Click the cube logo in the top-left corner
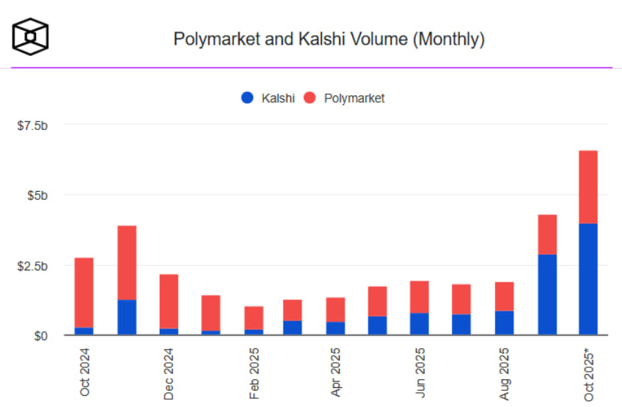30,36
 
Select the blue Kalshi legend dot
247,98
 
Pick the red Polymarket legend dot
310,98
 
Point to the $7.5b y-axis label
33,126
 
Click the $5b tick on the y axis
38,195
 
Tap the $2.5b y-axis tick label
33,266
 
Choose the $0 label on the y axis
43,336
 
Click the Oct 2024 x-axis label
84,371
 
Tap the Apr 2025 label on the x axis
337,372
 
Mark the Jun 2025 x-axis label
420,372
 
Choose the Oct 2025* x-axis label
589,374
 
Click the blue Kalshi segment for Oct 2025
588,279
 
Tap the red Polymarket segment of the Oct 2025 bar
588,187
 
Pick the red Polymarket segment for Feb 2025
254,318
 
